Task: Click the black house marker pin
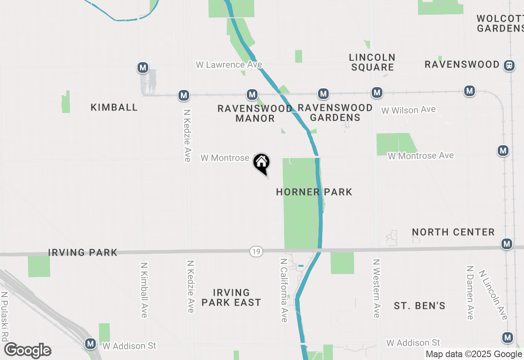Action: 262,163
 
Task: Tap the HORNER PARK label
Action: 314,192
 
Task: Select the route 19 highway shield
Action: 256,252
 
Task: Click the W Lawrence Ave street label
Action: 229,65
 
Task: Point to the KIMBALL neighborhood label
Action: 114,108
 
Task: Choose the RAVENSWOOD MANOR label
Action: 255,113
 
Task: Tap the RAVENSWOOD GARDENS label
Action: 335,112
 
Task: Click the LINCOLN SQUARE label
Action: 372,62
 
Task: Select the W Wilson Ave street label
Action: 408,110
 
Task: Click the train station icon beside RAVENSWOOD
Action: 509,65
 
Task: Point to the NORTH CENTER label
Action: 453,232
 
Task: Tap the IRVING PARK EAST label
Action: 231,297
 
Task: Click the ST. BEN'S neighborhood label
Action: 420,306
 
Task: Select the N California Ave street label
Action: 284,290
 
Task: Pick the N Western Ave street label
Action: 377,288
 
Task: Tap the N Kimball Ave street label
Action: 144,290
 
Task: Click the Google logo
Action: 27,351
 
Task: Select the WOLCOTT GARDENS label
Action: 500,24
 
